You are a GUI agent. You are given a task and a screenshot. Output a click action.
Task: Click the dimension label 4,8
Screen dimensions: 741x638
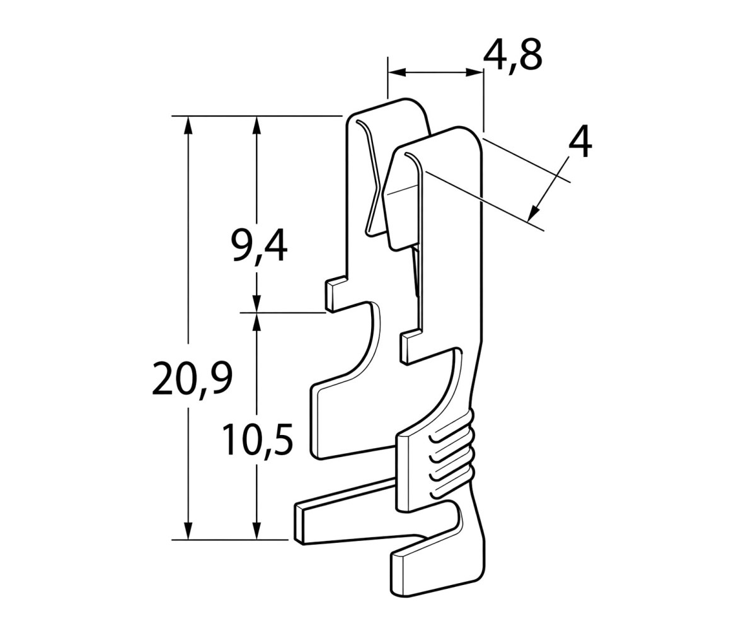click(512, 55)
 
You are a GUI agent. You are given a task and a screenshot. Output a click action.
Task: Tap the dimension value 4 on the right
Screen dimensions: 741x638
click(580, 144)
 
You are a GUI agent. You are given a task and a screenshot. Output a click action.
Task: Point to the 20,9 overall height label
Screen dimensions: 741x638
click(192, 378)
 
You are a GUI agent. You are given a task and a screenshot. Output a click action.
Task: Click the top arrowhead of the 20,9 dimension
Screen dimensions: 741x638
click(188, 125)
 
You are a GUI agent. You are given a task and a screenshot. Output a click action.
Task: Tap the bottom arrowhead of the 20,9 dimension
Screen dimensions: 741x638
click(188, 530)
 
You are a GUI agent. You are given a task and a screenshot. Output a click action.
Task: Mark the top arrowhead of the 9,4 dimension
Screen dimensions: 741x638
click(256, 125)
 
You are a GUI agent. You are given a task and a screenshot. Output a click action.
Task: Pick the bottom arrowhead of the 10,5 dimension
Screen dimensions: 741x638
click(256, 530)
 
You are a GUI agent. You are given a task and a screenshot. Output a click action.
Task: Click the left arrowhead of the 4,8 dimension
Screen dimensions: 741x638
click(397, 72)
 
